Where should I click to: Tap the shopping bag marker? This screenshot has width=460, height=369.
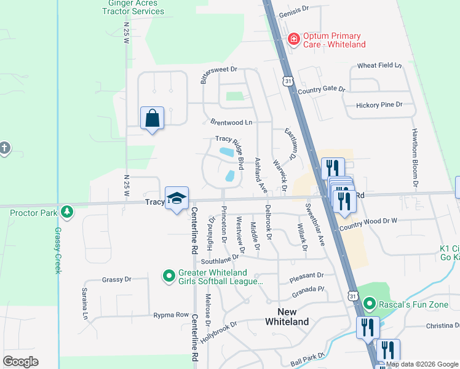[152, 117]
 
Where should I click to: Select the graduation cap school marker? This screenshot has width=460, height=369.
[176, 199]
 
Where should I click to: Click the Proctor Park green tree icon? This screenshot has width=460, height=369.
[67, 213]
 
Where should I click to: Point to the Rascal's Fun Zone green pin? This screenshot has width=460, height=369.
[369, 303]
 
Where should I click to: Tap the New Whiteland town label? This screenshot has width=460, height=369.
[287, 317]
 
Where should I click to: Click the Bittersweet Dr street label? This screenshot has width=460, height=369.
[218, 75]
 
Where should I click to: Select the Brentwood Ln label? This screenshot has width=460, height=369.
[231, 122]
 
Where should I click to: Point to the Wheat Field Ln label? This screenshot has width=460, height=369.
[379, 65]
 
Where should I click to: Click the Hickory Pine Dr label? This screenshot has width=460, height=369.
[379, 105]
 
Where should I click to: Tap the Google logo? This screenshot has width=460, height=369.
[20, 362]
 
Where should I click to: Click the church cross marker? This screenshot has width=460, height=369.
[4, 148]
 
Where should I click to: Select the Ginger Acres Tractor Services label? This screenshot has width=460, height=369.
[129, 7]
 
